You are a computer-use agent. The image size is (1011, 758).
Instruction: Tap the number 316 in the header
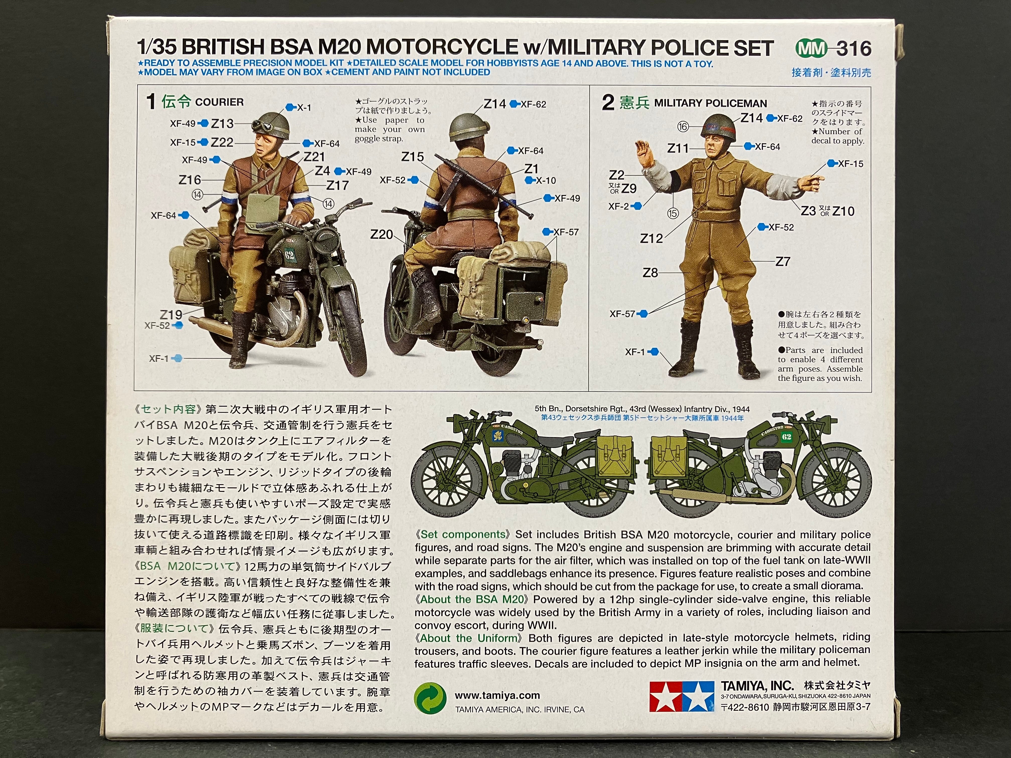click(x=854, y=48)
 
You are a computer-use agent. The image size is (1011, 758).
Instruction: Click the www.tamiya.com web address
click(x=497, y=695)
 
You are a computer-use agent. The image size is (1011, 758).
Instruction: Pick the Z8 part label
click(x=650, y=273)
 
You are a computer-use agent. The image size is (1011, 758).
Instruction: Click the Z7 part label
click(x=783, y=261)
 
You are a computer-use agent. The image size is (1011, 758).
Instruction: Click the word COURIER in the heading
click(x=219, y=102)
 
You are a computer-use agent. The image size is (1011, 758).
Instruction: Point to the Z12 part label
click(x=651, y=238)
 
